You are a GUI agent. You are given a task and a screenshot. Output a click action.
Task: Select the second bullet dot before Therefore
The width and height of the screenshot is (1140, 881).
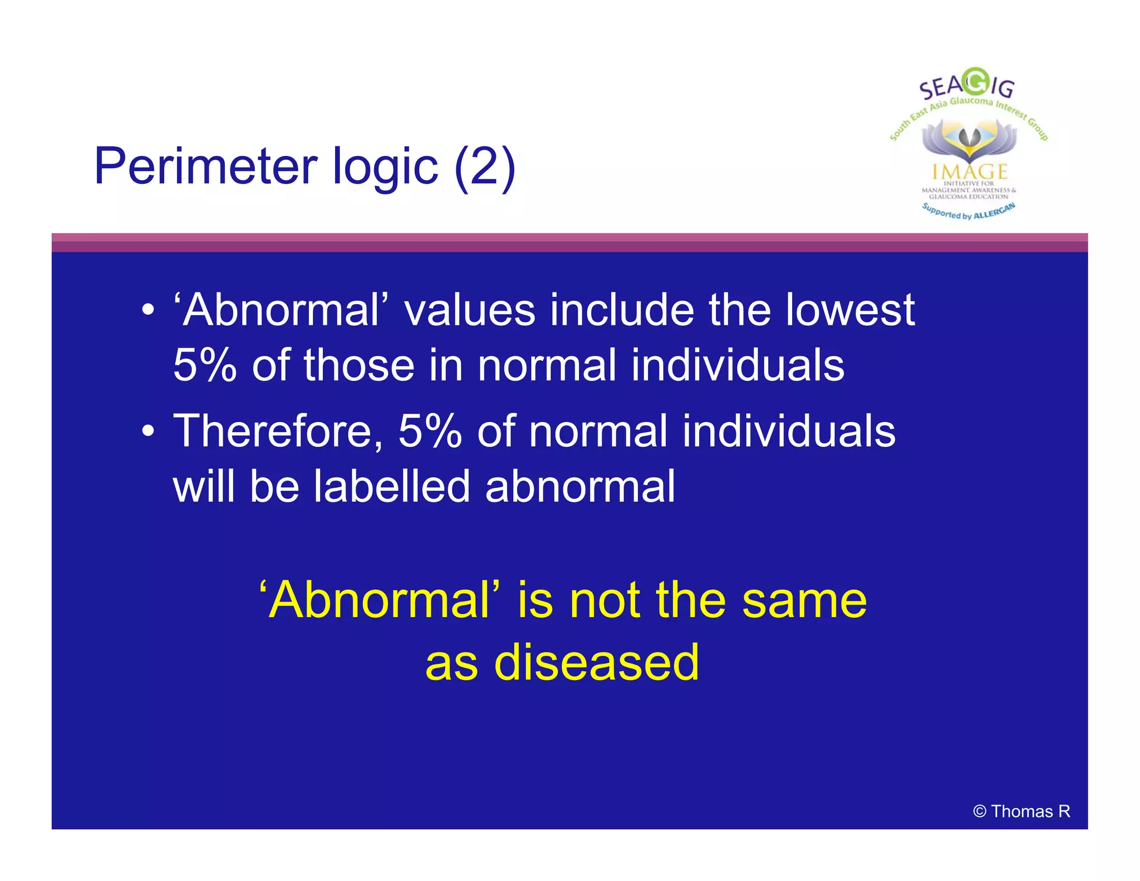tap(148, 431)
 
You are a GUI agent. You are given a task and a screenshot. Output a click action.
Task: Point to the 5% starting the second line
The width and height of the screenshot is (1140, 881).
tap(205, 365)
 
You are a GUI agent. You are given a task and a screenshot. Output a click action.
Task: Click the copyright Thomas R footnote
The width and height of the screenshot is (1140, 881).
tap(1021, 811)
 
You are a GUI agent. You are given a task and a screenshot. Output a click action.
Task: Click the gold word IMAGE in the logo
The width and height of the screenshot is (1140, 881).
tap(970, 171)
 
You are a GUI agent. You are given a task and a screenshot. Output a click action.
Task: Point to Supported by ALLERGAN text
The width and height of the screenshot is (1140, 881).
tap(969, 212)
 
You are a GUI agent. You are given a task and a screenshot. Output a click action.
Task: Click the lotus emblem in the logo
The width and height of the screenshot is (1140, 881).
tap(969, 139)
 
